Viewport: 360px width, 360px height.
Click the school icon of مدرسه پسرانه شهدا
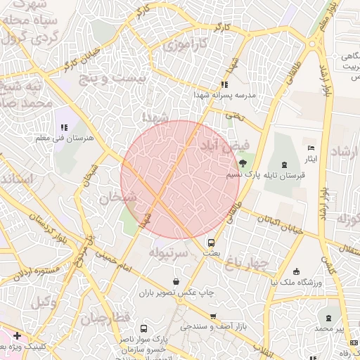coord(224,84)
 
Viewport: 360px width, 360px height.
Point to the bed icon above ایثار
coord(311,148)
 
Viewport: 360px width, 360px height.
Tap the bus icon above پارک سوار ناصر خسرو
coord(144,328)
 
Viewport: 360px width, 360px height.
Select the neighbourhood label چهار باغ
coord(247,263)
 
